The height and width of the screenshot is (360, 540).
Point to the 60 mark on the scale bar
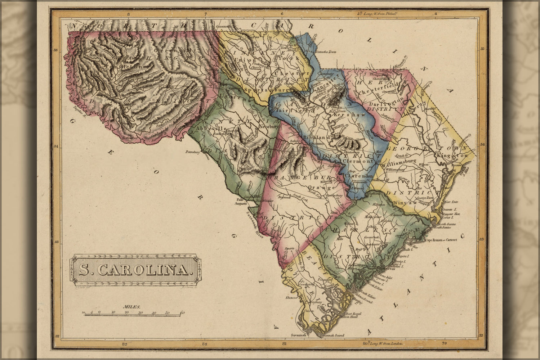pyautogui.click(x=182, y=312)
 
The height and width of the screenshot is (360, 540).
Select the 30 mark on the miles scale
pyautogui.click(x=140, y=312)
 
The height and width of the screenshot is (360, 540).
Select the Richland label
pyautogui.click(x=317, y=138)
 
